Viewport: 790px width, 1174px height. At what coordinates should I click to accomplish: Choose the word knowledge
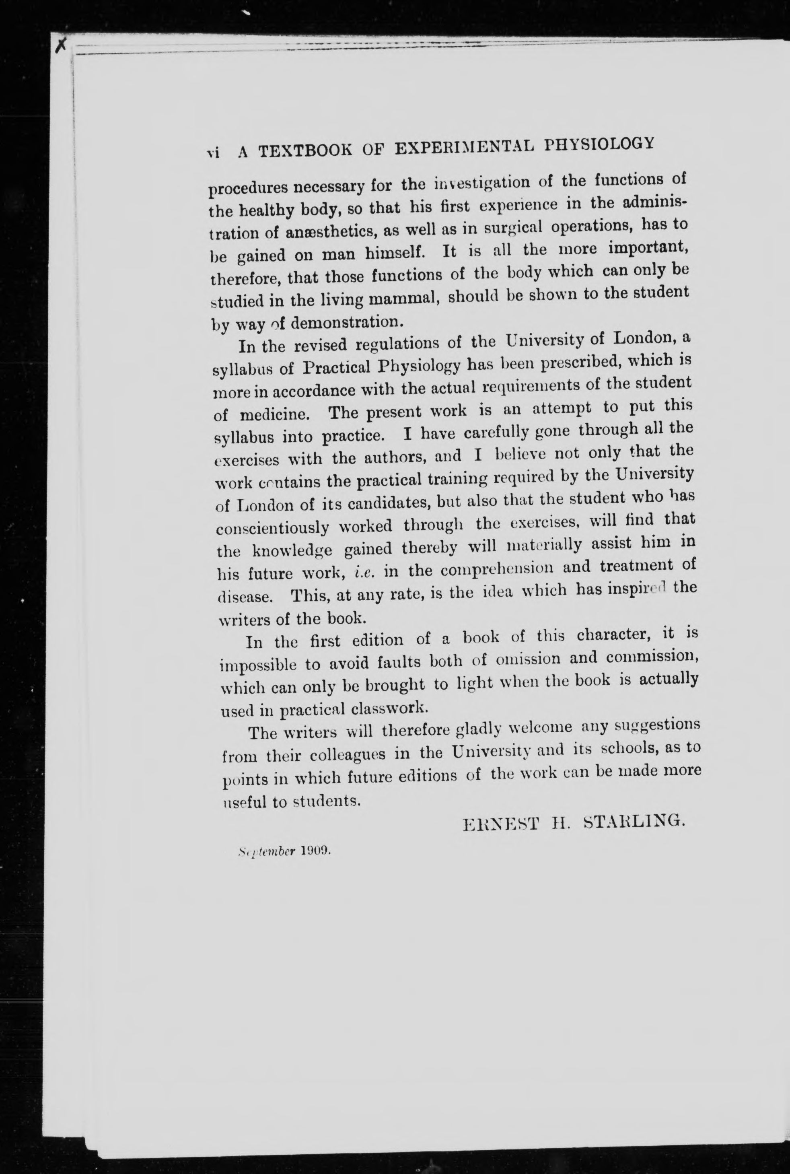tap(292, 550)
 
